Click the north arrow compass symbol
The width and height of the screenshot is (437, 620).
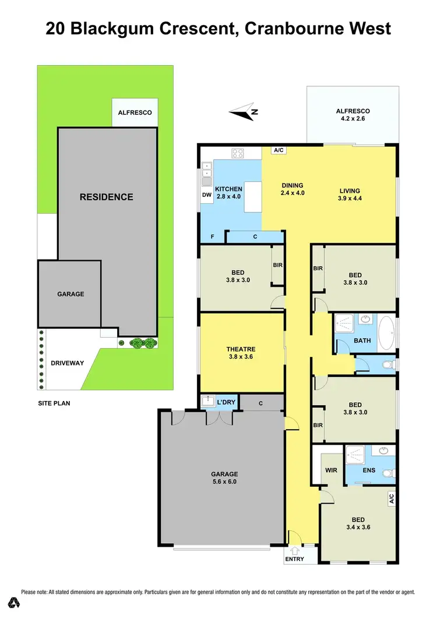pyautogui.click(x=244, y=112)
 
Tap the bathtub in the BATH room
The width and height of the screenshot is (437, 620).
pyautogui.click(x=386, y=334)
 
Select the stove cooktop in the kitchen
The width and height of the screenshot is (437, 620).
pyautogui.click(x=238, y=154)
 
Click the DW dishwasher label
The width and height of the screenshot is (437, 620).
pyautogui.click(x=206, y=195)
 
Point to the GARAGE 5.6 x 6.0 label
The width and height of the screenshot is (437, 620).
pyautogui.click(x=224, y=477)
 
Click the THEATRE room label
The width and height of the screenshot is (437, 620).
pyautogui.click(x=241, y=353)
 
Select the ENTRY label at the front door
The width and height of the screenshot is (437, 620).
pyautogui.click(x=295, y=559)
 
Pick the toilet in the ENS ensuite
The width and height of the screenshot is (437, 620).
pyautogui.click(x=389, y=473)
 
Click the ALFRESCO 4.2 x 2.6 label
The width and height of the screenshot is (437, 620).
pyautogui.click(x=353, y=115)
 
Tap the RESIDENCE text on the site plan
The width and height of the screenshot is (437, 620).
pyautogui.click(x=106, y=197)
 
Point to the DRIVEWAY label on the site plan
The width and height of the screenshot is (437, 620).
pyautogui.click(x=67, y=363)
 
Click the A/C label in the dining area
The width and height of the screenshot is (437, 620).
pyautogui.click(x=278, y=151)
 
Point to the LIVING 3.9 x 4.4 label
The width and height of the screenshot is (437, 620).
pyautogui.click(x=350, y=194)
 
